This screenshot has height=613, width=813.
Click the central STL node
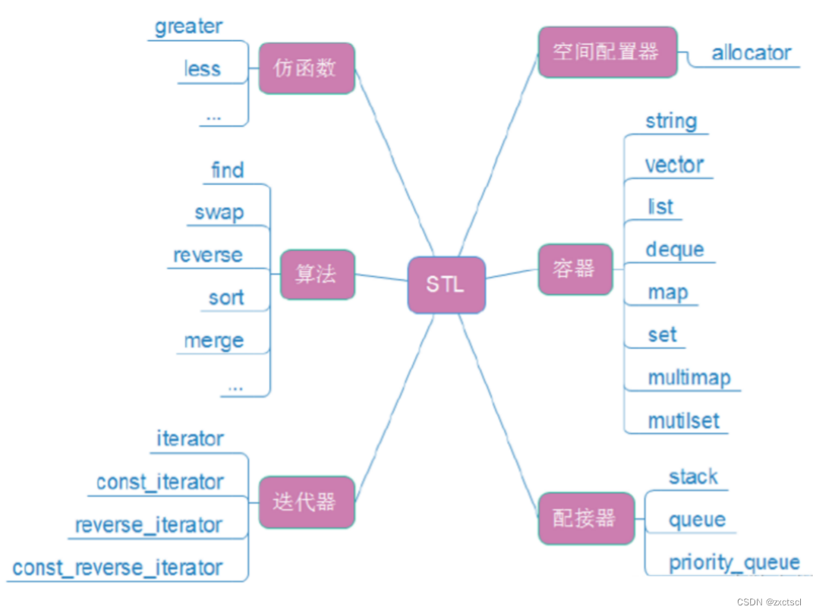tap(446, 285)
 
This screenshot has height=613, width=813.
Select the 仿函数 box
tap(307, 68)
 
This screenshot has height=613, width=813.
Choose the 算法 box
tap(317, 274)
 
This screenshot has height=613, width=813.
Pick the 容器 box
tap(575, 269)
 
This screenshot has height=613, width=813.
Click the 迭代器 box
tap(307, 502)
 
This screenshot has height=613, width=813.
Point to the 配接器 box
tap(586, 518)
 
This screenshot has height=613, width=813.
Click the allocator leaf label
tap(751, 53)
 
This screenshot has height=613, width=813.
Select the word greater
tap(188, 27)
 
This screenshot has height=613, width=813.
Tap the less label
tap(202, 70)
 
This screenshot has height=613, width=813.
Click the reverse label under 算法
tap(207, 256)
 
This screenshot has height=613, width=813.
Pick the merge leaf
tap(214, 341)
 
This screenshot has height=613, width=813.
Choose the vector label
tap(674, 165)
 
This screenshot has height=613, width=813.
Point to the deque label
tap(674, 250)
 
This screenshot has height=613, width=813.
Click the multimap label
tap(689, 377)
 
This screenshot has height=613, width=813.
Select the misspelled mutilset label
tap(683, 420)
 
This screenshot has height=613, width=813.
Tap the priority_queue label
tap(733, 563)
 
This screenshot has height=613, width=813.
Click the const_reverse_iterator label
tap(118, 567)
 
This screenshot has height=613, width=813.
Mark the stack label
tap(692, 476)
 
